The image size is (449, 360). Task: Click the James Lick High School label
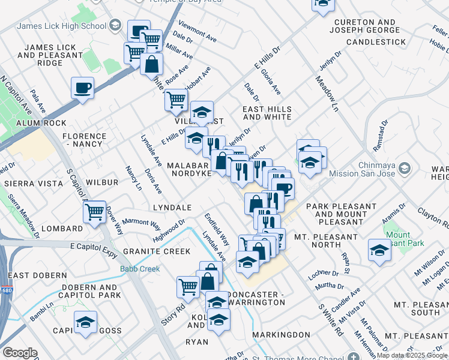coord(62,26)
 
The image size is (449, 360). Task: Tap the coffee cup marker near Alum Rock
coord(82,88)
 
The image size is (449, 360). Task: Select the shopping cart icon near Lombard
coord(94,211)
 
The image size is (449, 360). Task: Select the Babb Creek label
coord(140,269)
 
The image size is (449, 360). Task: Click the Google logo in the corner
coord(20,353)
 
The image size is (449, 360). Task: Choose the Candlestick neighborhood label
coord(376,42)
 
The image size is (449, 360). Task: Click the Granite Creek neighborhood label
coord(157,251)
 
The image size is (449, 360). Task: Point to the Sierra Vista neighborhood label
coord(33,184)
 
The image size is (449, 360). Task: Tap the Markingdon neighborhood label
coord(281,334)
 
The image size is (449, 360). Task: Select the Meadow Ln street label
coord(325,94)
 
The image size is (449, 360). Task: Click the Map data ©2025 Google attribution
coord(412,355)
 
